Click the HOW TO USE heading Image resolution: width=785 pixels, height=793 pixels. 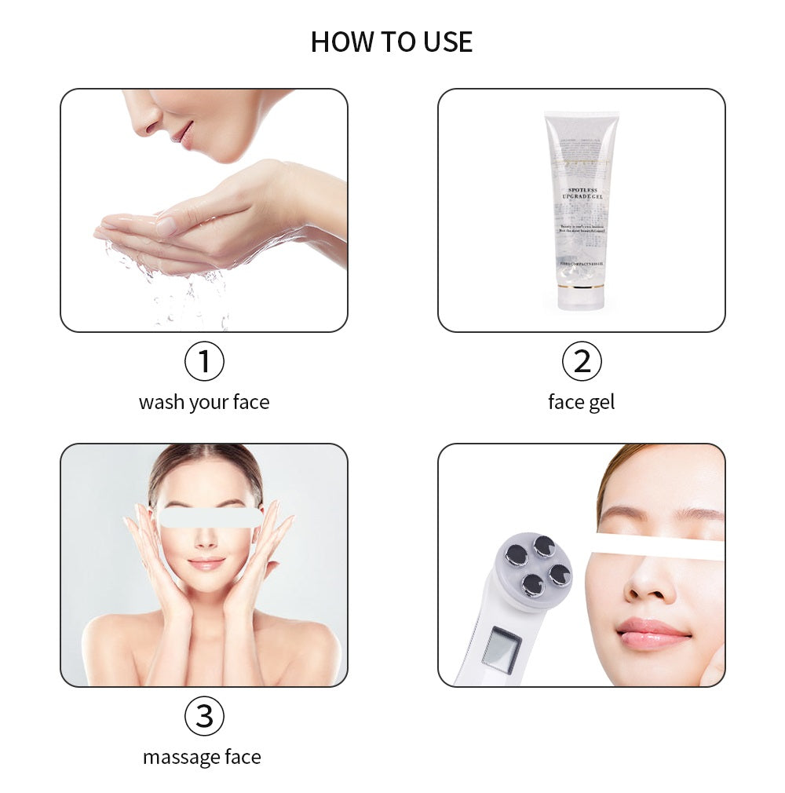392,42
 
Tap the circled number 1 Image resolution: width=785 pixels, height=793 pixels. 204,362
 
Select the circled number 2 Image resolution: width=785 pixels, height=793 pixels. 582,362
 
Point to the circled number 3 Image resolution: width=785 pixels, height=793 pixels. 204,716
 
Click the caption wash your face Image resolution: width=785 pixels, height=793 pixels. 204,402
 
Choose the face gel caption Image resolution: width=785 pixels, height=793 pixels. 581,402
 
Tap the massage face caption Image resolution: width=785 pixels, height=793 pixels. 202,757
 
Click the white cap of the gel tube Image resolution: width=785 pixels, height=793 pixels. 582,299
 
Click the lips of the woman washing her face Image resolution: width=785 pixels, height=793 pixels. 183,134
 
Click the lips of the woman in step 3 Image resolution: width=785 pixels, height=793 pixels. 206,564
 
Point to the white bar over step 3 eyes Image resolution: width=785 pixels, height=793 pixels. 210,517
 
